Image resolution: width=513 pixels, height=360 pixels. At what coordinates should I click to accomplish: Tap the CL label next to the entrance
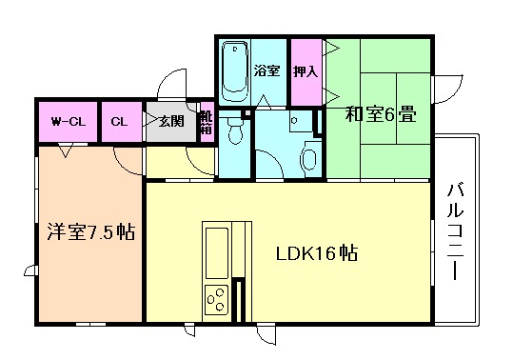pyautogui.click(x=119, y=122)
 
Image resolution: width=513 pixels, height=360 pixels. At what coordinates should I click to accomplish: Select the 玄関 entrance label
pyautogui.click(x=171, y=121)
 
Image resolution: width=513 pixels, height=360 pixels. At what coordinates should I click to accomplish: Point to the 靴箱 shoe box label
pyautogui.click(x=207, y=121)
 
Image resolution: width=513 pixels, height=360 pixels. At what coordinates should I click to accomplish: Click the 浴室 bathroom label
pyautogui.click(x=267, y=70)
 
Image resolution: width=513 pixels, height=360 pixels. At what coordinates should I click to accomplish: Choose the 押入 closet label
pyautogui.click(x=304, y=70)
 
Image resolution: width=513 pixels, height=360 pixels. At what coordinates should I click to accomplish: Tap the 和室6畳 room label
pyautogui.click(x=380, y=116)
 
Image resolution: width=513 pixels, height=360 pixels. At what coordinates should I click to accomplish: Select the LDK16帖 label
pyautogui.click(x=317, y=255)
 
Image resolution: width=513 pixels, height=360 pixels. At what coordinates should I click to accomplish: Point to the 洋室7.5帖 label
pyautogui.click(x=89, y=232)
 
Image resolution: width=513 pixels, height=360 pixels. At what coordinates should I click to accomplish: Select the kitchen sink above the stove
pyautogui.click(x=216, y=250)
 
